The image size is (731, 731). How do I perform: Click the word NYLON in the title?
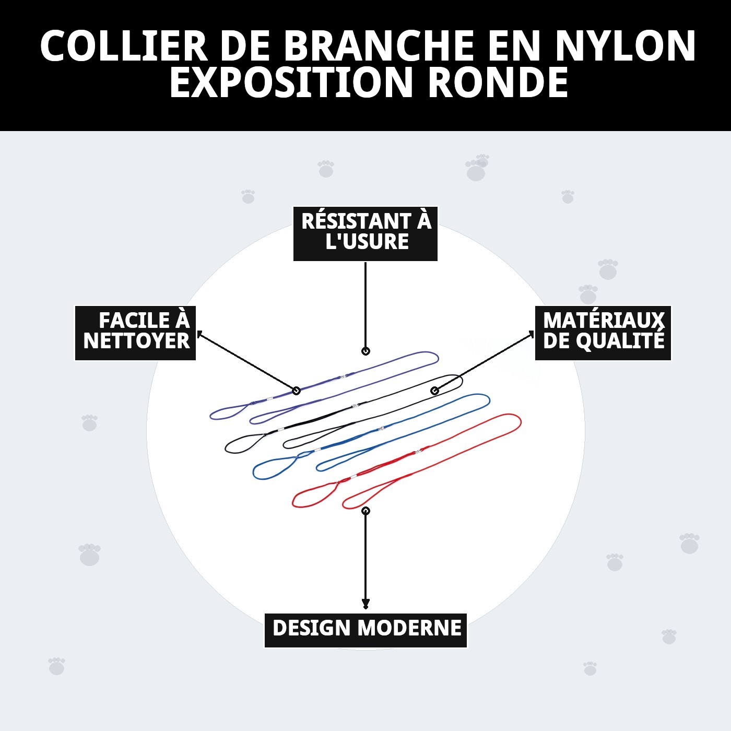[625, 46]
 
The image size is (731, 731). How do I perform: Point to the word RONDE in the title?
[498, 83]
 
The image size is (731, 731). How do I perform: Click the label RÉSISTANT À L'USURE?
[365, 233]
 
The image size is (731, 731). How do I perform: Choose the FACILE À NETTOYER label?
[136, 333]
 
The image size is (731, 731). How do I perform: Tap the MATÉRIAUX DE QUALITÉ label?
[603, 333]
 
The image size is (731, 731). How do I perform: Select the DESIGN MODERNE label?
[365, 630]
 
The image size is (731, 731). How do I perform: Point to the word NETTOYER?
[136, 341]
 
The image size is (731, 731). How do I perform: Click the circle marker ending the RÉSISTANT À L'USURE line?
[365, 351]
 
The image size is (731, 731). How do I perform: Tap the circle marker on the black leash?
[434, 391]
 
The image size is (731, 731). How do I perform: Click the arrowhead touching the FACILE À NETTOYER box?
[199, 334]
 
